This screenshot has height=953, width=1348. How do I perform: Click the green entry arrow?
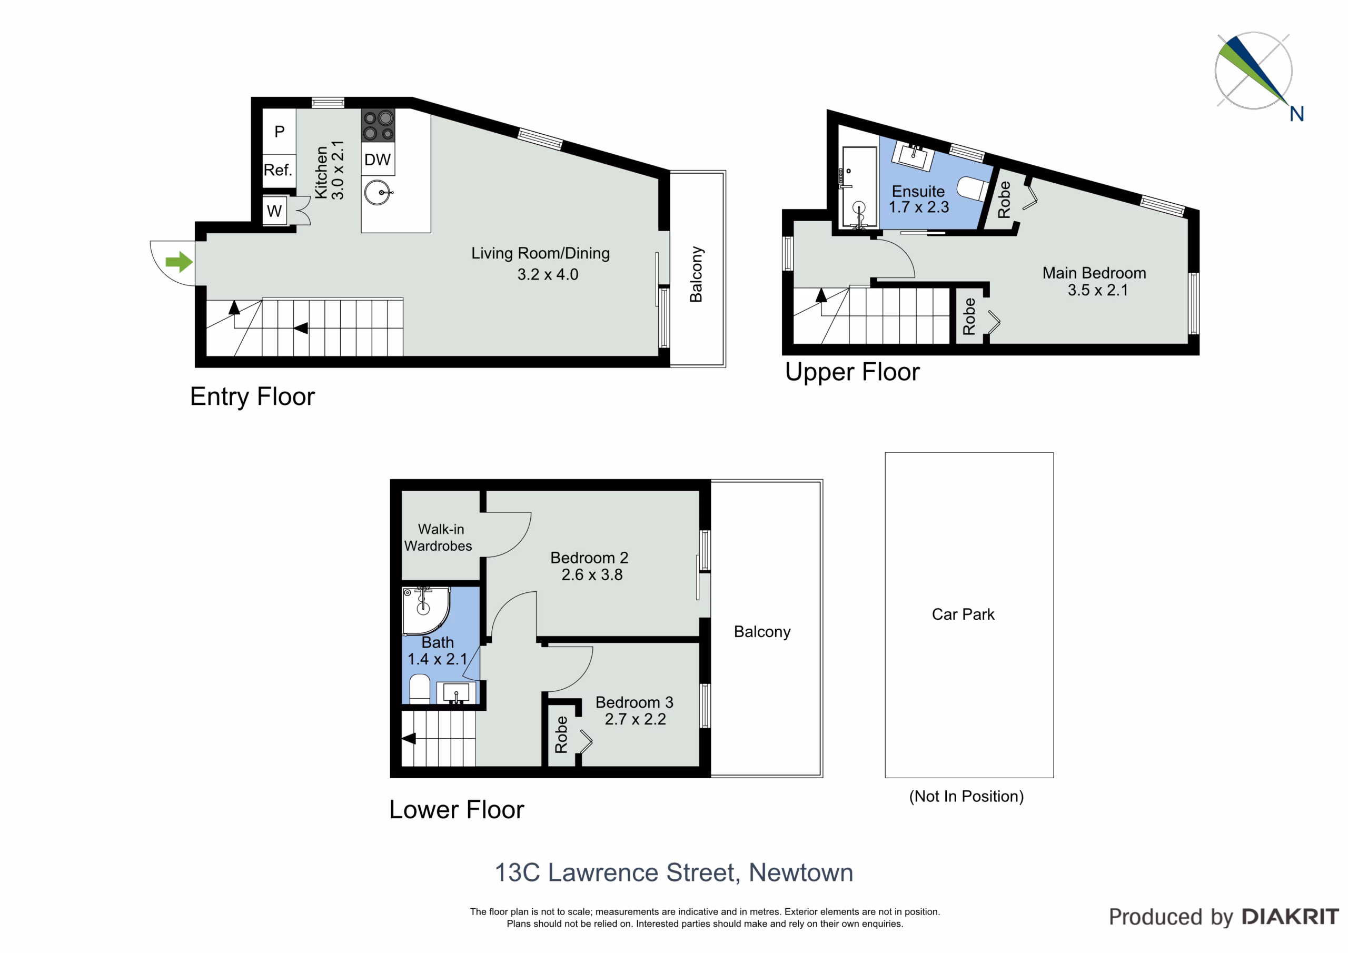[179, 262]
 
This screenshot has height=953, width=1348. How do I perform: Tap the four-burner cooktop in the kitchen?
[378, 126]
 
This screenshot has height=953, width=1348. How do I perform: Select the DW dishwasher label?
[378, 160]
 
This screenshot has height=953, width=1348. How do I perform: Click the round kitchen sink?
[377, 193]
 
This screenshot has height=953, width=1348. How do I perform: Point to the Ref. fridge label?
[277, 170]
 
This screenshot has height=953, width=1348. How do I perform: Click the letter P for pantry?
[280, 132]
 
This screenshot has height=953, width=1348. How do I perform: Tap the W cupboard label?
[274, 211]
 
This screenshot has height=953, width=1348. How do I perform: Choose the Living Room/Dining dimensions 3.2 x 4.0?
[548, 274]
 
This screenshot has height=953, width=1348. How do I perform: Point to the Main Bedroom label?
[1094, 273]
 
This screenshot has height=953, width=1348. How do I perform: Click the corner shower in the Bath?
[425, 611]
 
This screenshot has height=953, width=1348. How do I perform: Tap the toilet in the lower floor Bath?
[419, 689]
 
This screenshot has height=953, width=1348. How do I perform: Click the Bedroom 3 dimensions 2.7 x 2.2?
[635, 719]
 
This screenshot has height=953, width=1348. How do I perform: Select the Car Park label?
[963, 614]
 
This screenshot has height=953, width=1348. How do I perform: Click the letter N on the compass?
[1297, 114]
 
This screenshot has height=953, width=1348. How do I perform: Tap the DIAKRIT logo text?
[1291, 917]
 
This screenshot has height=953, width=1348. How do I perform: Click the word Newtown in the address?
[801, 872]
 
